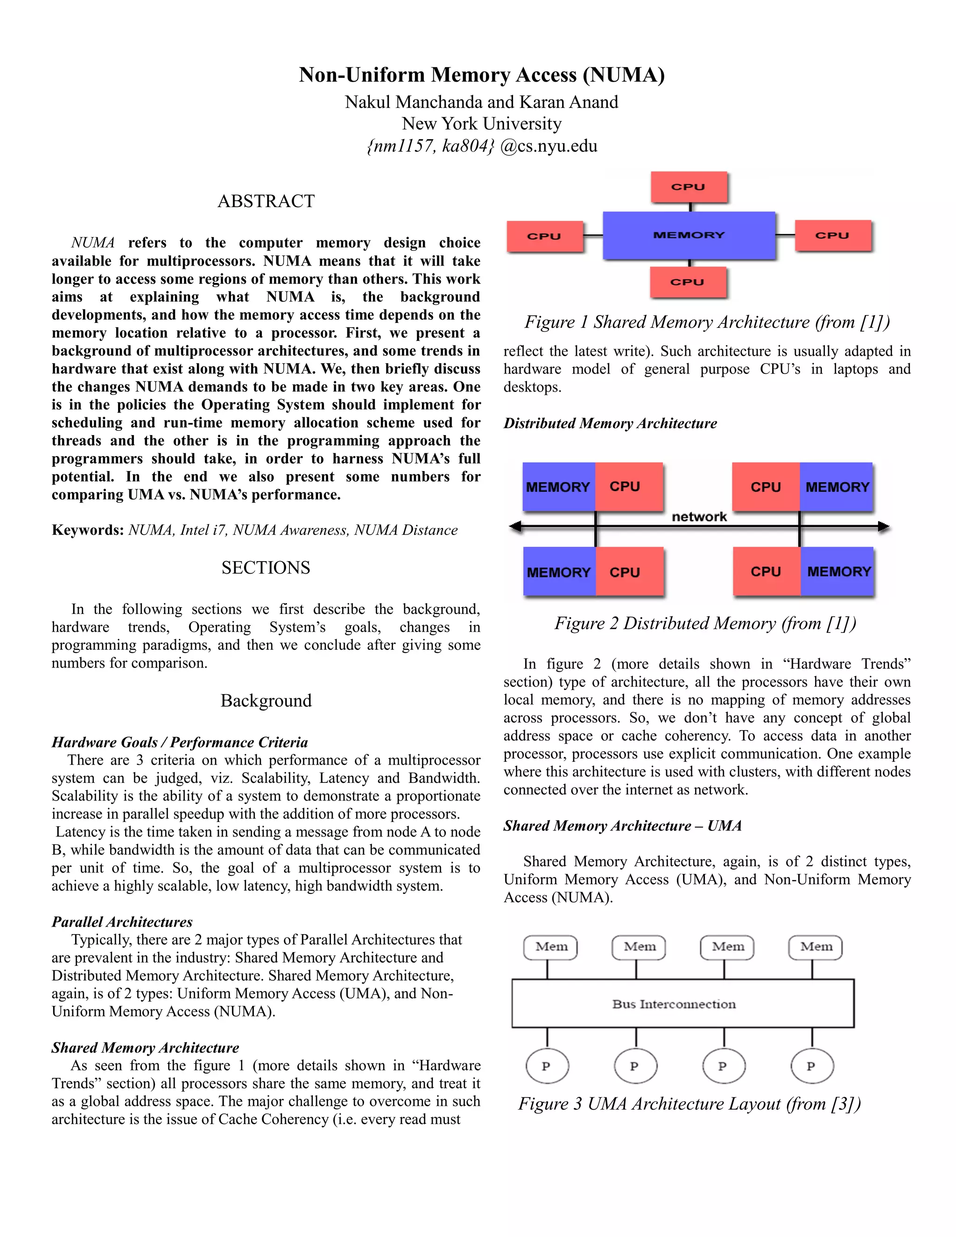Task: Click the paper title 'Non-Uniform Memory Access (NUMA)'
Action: (481, 75)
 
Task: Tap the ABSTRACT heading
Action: (266, 201)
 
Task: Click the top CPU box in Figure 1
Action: (689, 187)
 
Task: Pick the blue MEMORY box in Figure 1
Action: (689, 235)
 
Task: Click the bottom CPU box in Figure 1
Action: (688, 281)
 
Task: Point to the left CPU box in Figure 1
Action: (544, 236)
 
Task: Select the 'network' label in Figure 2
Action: (699, 517)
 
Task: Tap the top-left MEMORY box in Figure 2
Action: (558, 487)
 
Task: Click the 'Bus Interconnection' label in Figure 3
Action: (674, 1004)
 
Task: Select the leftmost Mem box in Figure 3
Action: (550, 947)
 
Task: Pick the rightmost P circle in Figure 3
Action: (812, 1066)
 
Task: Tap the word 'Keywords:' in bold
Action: (88, 530)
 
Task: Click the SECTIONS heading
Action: (266, 568)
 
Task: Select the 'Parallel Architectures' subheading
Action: (122, 921)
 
